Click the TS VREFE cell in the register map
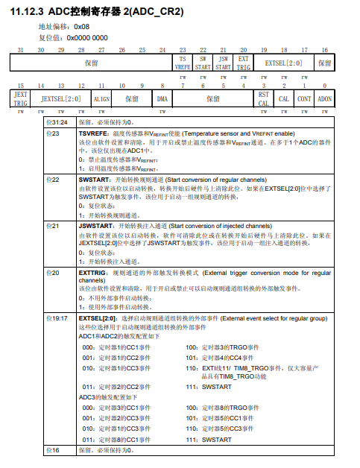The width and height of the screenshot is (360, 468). (x=183, y=62)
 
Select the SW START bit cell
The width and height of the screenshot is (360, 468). (x=203, y=62)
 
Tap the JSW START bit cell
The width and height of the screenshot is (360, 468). (x=223, y=62)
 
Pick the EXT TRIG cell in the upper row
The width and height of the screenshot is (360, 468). (x=243, y=62)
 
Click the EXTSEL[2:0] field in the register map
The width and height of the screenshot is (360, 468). (x=283, y=62)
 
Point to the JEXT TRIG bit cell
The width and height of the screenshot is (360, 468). (x=21, y=98)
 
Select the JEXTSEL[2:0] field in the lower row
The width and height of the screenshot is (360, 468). (x=61, y=98)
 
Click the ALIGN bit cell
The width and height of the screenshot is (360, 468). (x=101, y=98)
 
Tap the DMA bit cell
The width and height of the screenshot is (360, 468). (x=162, y=98)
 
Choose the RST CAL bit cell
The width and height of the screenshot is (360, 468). (x=263, y=98)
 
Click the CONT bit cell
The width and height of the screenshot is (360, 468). (x=304, y=98)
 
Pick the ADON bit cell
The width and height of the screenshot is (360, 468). (x=324, y=98)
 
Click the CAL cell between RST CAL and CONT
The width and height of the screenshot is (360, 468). (x=284, y=98)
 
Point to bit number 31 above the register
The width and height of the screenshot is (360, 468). (x=21, y=50)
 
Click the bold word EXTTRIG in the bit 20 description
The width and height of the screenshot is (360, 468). (x=92, y=273)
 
